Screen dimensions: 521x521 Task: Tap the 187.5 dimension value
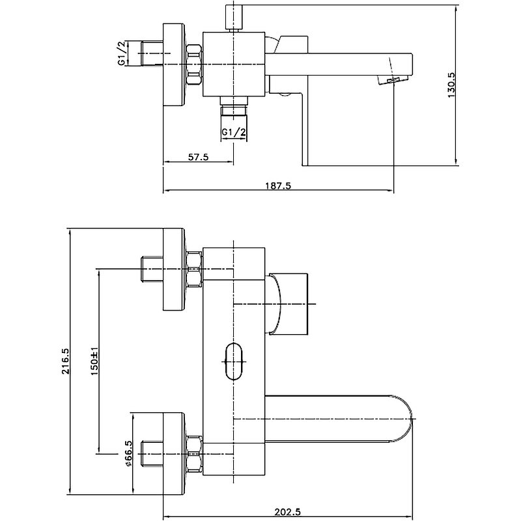pyautogui.click(x=278, y=186)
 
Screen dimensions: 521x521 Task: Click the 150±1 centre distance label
pyautogui.click(x=95, y=362)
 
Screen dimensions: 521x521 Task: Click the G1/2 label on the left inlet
pyautogui.click(x=121, y=53)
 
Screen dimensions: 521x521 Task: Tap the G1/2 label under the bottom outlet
pyautogui.click(x=234, y=132)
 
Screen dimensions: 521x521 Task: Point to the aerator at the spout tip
pyautogui.click(x=393, y=80)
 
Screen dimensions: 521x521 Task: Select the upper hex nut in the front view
pyautogui.click(x=194, y=268)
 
